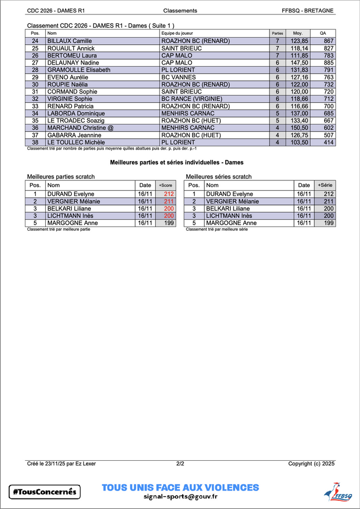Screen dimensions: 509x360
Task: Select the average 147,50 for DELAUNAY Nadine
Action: click(x=299, y=63)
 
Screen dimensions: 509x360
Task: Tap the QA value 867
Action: click(x=328, y=41)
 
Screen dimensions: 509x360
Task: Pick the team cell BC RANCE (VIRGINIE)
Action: click(x=191, y=99)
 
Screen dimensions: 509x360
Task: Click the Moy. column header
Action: click(x=298, y=33)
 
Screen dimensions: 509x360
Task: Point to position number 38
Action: click(x=35, y=142)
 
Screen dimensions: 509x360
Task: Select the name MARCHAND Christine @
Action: click(x=81, y=128)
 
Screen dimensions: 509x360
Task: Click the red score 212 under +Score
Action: click(x=169, y=194)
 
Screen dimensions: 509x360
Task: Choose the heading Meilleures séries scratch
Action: click(x=219, y=176)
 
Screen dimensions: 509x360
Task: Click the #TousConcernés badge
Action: click(x=45, y=492)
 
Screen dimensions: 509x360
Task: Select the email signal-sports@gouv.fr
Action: click(x=180, y=496)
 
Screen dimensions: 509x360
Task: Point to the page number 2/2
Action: click(x=180, y=464)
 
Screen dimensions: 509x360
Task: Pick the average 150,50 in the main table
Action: click(x=299, y=128)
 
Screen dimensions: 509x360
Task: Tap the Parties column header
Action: click(x=277, y=33)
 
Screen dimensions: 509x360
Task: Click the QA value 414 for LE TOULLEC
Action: click(x=328, y=142)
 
